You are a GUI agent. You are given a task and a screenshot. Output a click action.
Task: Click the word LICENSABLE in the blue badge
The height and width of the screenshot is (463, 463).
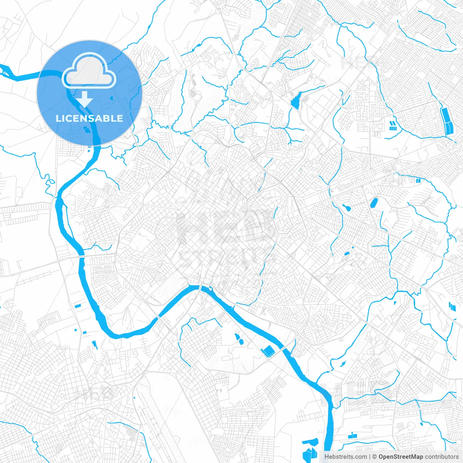click(89, 118)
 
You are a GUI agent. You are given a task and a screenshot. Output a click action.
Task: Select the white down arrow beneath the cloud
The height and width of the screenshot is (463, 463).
click(85, 99)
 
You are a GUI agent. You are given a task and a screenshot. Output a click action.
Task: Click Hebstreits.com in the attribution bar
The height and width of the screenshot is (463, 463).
click(345, 457)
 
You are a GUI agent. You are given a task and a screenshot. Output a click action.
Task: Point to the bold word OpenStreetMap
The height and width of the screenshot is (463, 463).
click(400, 457)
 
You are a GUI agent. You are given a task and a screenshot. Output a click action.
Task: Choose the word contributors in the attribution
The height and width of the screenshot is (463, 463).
click(442, 457)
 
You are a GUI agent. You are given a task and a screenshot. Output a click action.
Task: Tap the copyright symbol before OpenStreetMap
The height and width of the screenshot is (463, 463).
click(375, 457)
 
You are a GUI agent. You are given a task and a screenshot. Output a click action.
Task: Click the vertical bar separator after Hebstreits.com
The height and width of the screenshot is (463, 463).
click(370, 457)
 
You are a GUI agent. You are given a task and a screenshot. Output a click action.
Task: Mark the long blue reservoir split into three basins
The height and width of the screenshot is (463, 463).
click(447, 120)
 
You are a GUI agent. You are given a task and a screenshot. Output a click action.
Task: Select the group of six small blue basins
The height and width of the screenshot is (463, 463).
click(392, 125)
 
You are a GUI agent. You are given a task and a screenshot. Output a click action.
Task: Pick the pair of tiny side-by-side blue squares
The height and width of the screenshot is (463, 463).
click(419, 180)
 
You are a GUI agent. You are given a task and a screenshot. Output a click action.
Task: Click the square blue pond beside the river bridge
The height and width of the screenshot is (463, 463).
click(268, 351)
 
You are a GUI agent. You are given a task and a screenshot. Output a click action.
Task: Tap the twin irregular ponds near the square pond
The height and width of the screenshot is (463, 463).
click(239, 338)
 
